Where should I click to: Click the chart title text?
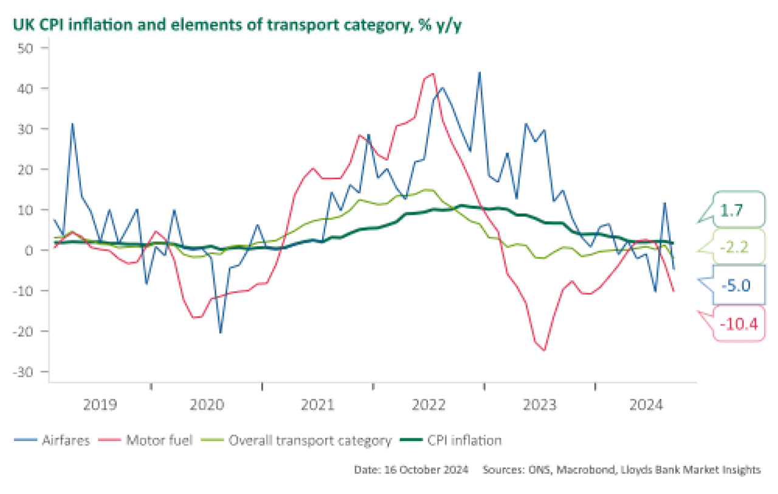tap(234, 25)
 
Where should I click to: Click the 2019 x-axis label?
tap(100, 405)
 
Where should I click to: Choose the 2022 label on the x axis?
tap(430, 405)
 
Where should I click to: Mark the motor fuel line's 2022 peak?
tap(433, 74)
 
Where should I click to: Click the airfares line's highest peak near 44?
tap(480, 72)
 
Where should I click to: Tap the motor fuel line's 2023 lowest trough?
tap(545, 350)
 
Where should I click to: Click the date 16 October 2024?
tap(410, 470)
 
